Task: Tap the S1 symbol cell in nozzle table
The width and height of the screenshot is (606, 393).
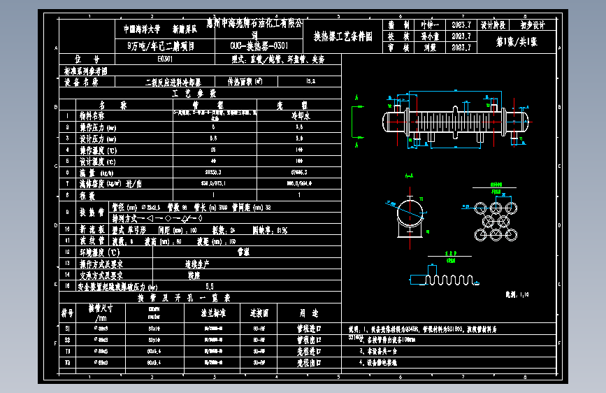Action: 68,327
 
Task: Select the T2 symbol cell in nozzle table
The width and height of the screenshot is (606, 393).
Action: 68,363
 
